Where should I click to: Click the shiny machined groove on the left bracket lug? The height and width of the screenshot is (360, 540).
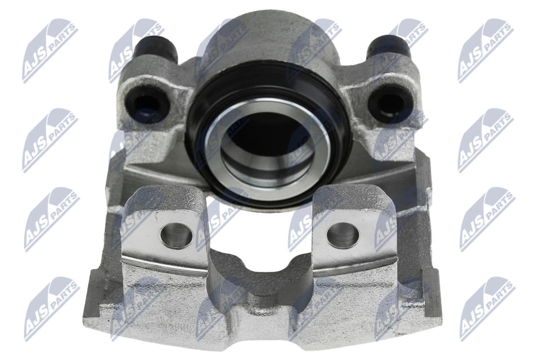pos(163,264)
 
